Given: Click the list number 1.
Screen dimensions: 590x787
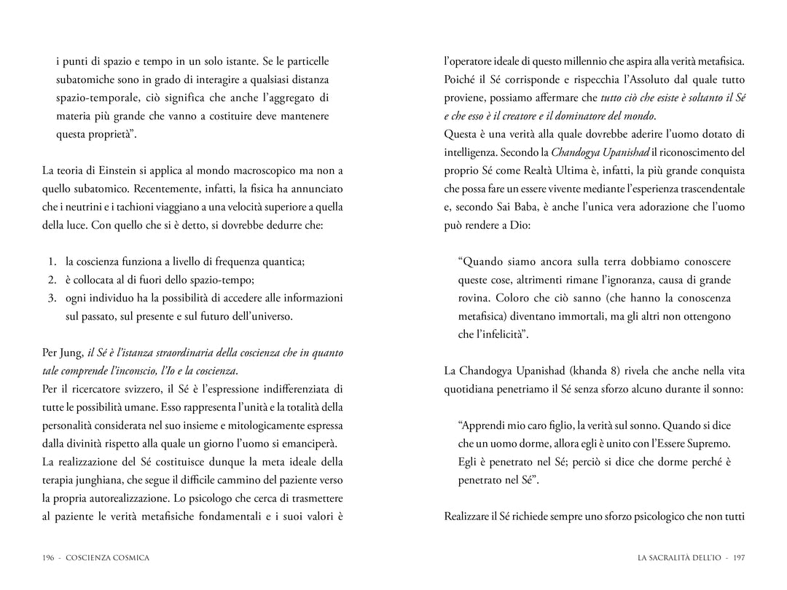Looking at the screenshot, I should click(52, 261).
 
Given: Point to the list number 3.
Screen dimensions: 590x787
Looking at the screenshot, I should click(52, 298).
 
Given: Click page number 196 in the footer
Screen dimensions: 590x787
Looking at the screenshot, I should click(49, 558).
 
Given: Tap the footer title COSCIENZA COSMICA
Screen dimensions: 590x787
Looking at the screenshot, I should click(107, 558).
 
